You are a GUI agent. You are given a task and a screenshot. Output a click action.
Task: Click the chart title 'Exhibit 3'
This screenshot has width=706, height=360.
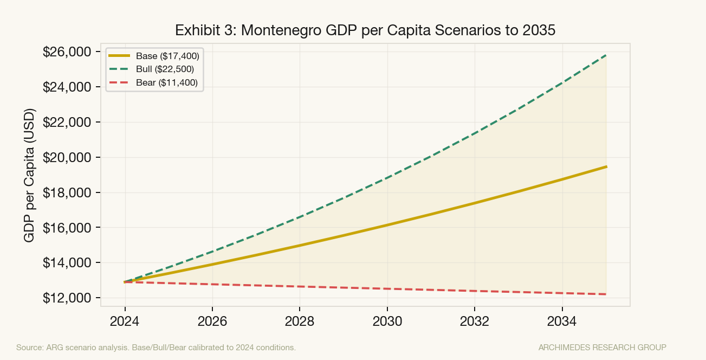coord(365,30)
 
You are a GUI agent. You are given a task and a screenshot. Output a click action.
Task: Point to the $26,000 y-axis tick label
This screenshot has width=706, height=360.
coord(67,52)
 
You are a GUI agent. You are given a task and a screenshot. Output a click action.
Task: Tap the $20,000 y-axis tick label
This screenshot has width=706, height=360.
coord(67,158)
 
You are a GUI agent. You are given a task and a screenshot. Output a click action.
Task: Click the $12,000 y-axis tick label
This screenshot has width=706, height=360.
coord(67,298)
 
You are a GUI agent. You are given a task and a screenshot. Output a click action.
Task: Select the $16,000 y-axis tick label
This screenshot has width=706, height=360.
coord(67,228)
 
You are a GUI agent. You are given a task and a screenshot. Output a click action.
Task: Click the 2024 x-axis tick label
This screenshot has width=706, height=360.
coord(125,321)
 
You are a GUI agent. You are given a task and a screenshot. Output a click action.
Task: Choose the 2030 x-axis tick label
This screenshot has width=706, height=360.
coord(387,321)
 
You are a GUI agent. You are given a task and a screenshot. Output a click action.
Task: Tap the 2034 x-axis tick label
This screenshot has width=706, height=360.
coord(562,321)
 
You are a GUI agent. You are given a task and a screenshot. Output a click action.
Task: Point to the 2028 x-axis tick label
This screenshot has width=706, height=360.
coord(300,321)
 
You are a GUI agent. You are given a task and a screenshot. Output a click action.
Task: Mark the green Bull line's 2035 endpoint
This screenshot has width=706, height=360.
coord(606,55)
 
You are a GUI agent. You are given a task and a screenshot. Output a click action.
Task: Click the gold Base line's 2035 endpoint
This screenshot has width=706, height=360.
coord(606,166)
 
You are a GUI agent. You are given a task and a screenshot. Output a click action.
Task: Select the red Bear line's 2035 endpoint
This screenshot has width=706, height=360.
coord(606,294)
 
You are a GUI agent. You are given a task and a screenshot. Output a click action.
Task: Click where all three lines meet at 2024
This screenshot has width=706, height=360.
coord(125,282)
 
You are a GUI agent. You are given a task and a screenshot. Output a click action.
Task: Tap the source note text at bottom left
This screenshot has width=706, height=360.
coord(156,347)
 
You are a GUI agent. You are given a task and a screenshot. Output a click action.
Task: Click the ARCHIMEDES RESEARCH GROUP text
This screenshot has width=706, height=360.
coord(602,347)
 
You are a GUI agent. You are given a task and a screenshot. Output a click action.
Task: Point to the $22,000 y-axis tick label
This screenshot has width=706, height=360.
coord(67,123)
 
